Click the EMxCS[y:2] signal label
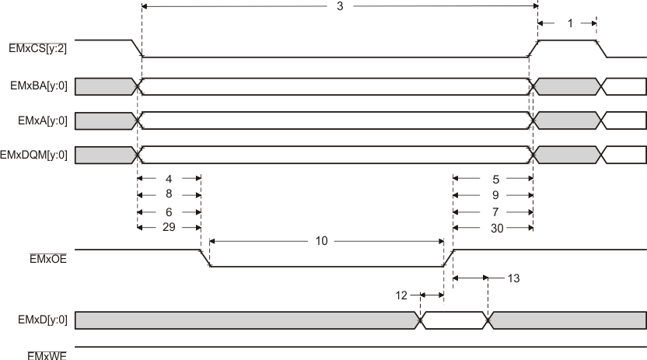[37, 48]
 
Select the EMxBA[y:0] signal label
[37, 86]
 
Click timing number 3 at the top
[339, 7]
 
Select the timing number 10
[320, 241]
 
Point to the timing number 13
[512, 277]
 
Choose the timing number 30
[495, 227]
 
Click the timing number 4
[169, 178]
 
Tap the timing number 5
[495, 178]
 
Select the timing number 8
[169, 194]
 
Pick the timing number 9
[495, 194]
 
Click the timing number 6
[169, 211]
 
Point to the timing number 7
[495, 211]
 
